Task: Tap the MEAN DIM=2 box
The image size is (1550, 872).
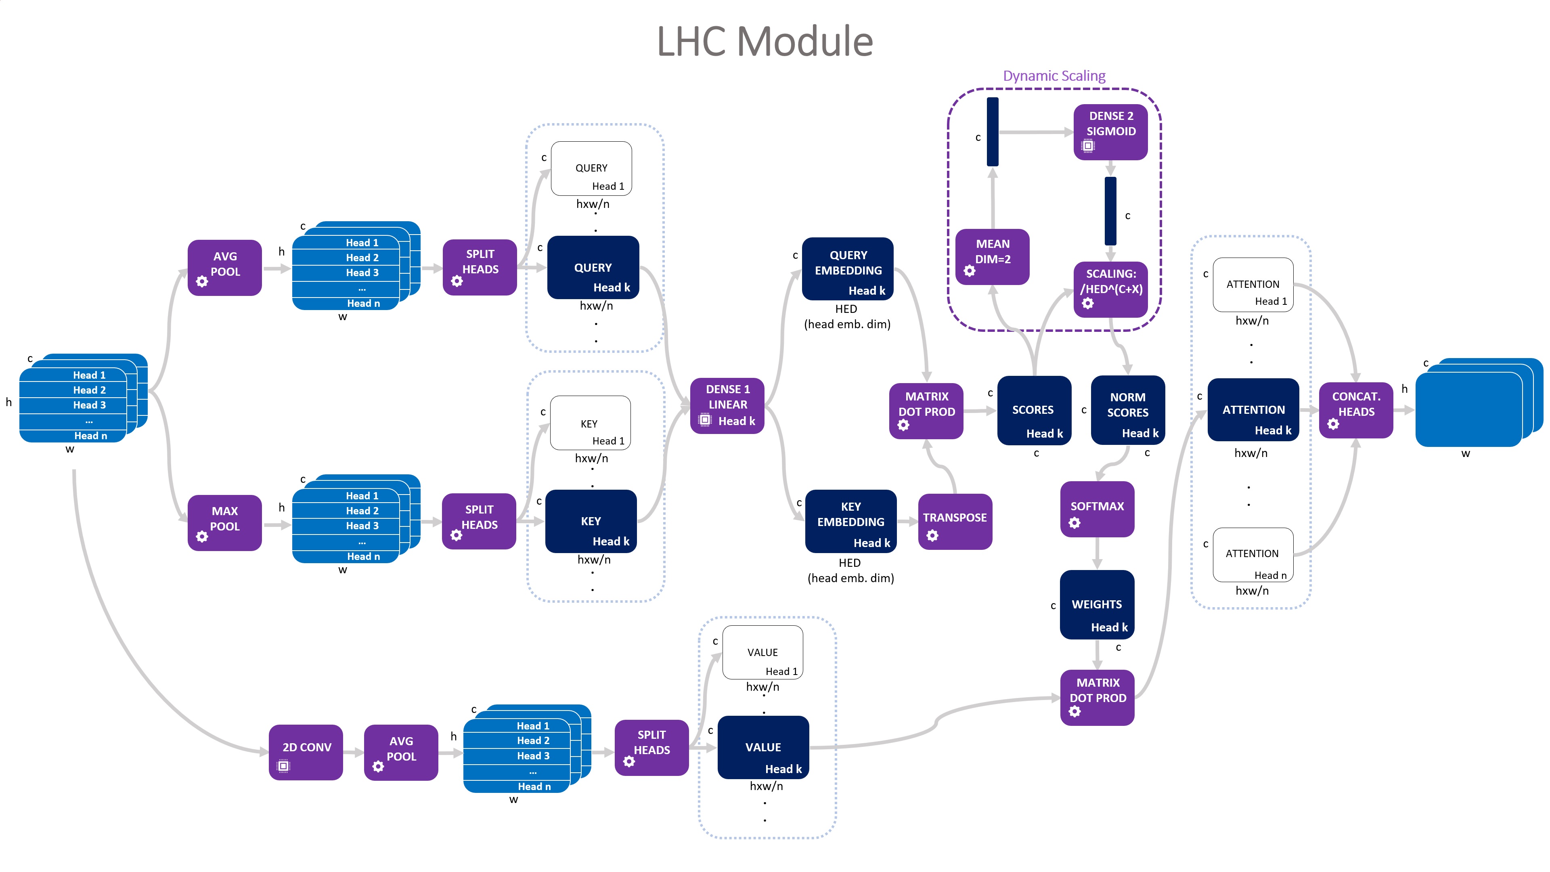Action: (992, 256)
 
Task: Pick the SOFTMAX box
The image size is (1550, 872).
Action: (1097, 509)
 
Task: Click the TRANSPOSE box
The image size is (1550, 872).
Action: (955, 521)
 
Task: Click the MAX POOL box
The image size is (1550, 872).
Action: (224, 522)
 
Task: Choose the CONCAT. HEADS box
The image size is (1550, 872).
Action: (1356, 410)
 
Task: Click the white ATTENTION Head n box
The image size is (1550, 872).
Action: (1253, 554)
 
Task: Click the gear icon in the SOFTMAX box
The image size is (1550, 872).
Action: (1075, 523)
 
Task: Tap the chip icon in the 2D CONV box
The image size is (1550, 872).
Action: (283, 766)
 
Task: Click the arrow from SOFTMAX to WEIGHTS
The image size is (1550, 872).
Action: (1097, 553)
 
